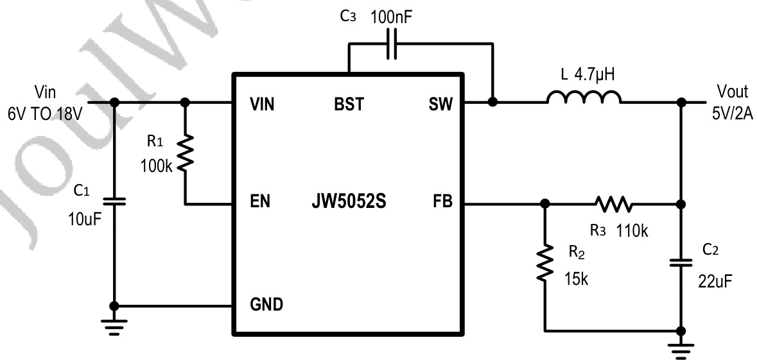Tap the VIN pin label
point(262,104)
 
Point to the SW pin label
point(440,104)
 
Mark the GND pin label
point(266,304)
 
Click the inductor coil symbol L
point(584,98)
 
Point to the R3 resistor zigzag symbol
point(613,205)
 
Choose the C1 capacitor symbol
point(115,201)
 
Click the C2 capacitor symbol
point(681,262)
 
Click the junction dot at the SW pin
point(492,102)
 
